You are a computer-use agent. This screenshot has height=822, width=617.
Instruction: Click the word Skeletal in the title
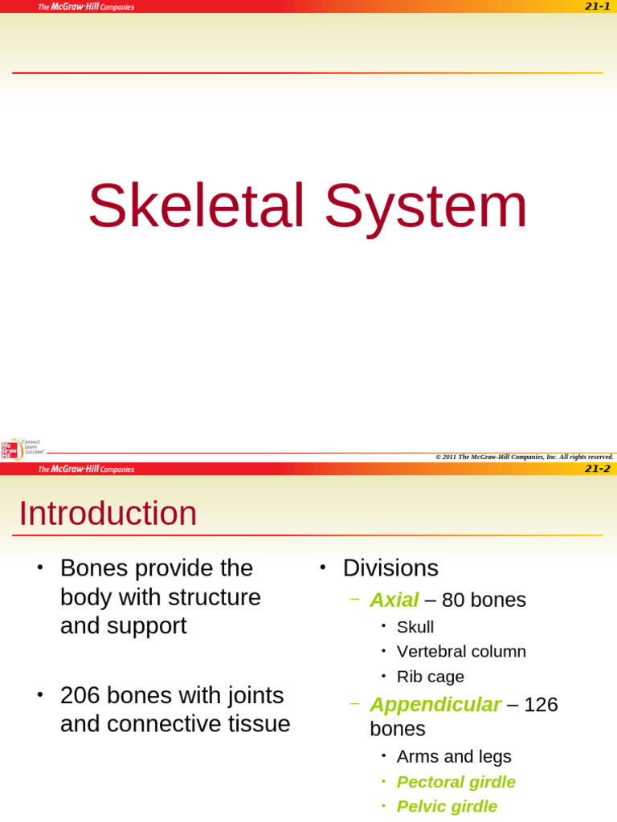(196, 207)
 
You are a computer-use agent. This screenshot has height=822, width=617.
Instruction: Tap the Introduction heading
(108, 514)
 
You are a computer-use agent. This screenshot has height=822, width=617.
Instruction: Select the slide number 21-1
(597, 6)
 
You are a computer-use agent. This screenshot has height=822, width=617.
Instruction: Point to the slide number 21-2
(597, 469)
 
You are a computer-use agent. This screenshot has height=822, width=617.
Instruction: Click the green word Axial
(394, 600)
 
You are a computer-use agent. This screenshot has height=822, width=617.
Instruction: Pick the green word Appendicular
(435, 704)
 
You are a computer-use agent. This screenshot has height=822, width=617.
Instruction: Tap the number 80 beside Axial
(453, 600)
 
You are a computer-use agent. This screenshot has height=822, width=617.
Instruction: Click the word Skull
(415, 627)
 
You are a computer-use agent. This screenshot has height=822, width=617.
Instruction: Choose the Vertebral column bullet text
(461, 651)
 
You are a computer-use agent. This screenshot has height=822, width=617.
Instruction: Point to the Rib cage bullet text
(431, 677)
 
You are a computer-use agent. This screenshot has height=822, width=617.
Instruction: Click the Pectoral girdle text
(456, 782)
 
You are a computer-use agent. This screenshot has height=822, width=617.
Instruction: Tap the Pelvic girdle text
(447, 806)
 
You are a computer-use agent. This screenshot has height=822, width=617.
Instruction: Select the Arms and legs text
(454, 756)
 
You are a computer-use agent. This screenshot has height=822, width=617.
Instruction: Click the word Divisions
(390, 568)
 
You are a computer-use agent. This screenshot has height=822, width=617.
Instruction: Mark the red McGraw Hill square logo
(9, 450)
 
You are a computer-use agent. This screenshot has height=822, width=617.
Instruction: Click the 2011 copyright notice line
(524, 457)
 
